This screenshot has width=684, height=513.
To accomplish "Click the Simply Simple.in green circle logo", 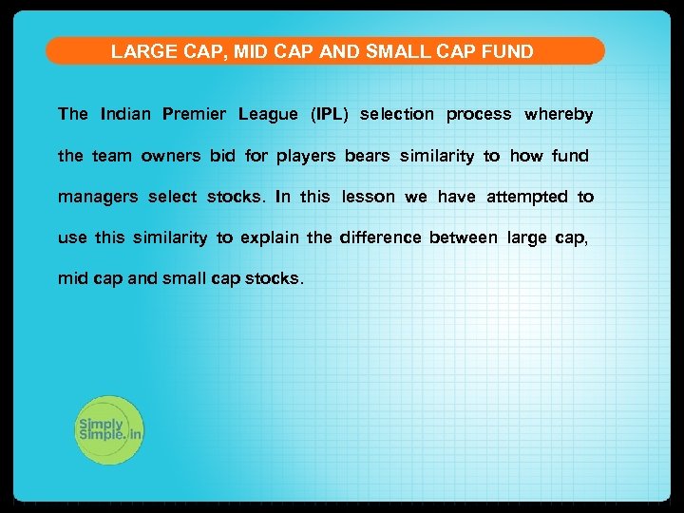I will click(109, 429).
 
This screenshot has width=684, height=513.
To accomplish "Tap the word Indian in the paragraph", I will click(124, 115).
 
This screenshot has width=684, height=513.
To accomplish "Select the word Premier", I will click(195, 115).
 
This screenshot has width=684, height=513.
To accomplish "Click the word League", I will click(268, 115).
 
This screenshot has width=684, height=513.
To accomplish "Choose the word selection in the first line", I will click(397, 115).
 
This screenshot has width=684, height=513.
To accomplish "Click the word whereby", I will click(559, 115).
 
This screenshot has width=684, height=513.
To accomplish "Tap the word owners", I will click(171, 156).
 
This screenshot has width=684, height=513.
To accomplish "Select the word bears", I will click(368, 156).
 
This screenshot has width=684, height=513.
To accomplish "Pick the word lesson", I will click(369, 197).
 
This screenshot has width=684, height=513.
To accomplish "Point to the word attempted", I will click(527, 198).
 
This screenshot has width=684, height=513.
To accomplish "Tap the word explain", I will click(269, 238).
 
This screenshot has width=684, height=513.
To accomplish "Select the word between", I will click(463, 237).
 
